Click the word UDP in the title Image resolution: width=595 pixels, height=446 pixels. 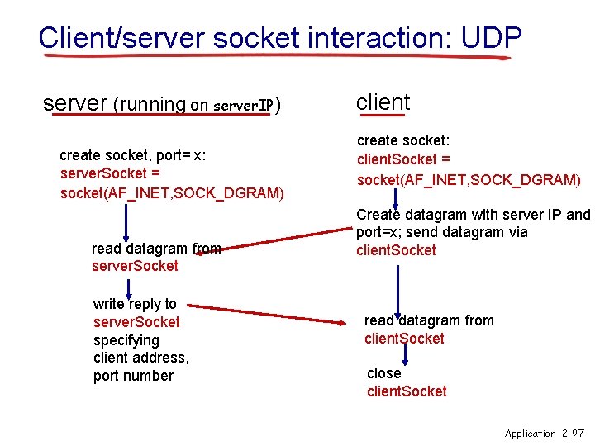[492, 37]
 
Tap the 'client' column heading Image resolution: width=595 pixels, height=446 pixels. [383, 102]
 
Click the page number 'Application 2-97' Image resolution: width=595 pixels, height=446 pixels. [544, 433]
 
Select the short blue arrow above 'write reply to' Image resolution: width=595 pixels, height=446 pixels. [128, 287]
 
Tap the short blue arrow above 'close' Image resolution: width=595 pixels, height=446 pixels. [405, 355]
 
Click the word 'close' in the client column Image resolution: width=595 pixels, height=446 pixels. [383, 373]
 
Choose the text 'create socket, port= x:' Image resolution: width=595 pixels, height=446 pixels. [133, 155]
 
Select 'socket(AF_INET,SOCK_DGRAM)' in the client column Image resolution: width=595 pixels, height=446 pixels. [469, 179]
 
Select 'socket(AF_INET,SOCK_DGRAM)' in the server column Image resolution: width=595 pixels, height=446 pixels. [172, 193]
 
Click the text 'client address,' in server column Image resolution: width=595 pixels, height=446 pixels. [140, 358]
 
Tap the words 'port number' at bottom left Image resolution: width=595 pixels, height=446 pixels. [133, 376]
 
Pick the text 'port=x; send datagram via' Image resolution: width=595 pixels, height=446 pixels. [441, 232]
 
